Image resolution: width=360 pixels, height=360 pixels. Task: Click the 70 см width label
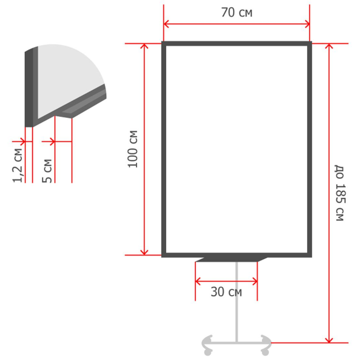tap(237, 13)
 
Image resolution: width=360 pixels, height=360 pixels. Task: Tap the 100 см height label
tap(133, 149)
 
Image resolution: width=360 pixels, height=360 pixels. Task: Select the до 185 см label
tap(340, 193)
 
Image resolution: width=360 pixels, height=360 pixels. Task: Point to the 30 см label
tap(226, 292)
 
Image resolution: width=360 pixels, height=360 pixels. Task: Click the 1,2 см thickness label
tap(18, 166)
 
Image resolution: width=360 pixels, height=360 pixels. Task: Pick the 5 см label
tap(47, 171)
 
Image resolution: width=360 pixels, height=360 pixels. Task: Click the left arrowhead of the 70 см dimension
tap(166, 24)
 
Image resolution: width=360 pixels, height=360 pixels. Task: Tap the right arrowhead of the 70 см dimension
tap(307, 24)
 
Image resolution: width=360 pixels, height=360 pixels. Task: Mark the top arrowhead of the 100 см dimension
tap(144, 46)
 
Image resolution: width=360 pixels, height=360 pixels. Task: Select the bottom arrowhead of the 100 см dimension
tap(144, 252)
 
